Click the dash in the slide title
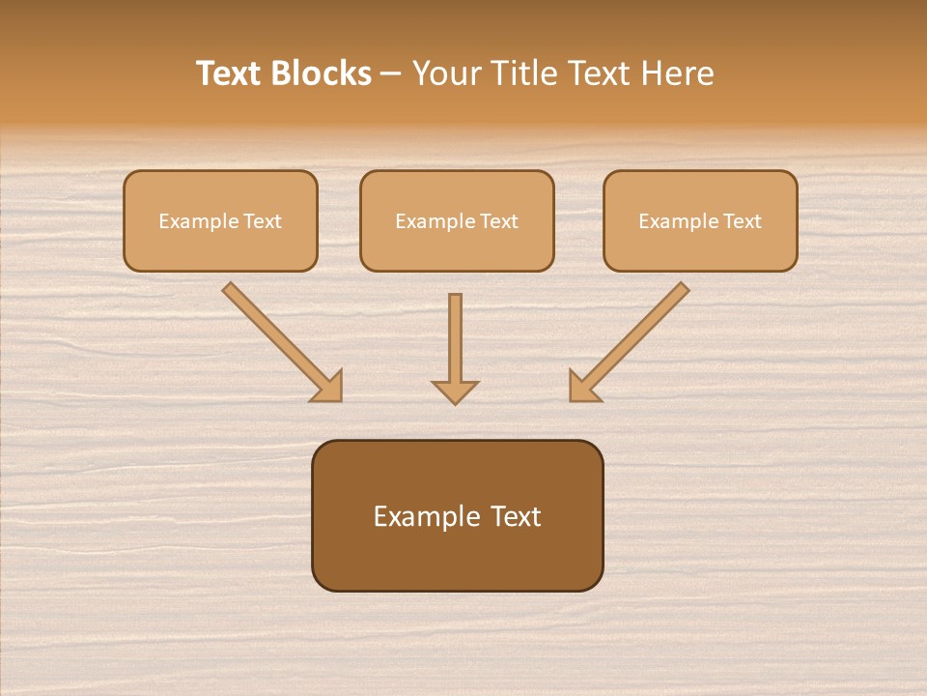(391, 74)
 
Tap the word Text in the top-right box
(744, 221)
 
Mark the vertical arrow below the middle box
(455, 343)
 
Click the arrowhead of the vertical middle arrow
(455, 391)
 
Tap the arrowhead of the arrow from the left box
(329, 388)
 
